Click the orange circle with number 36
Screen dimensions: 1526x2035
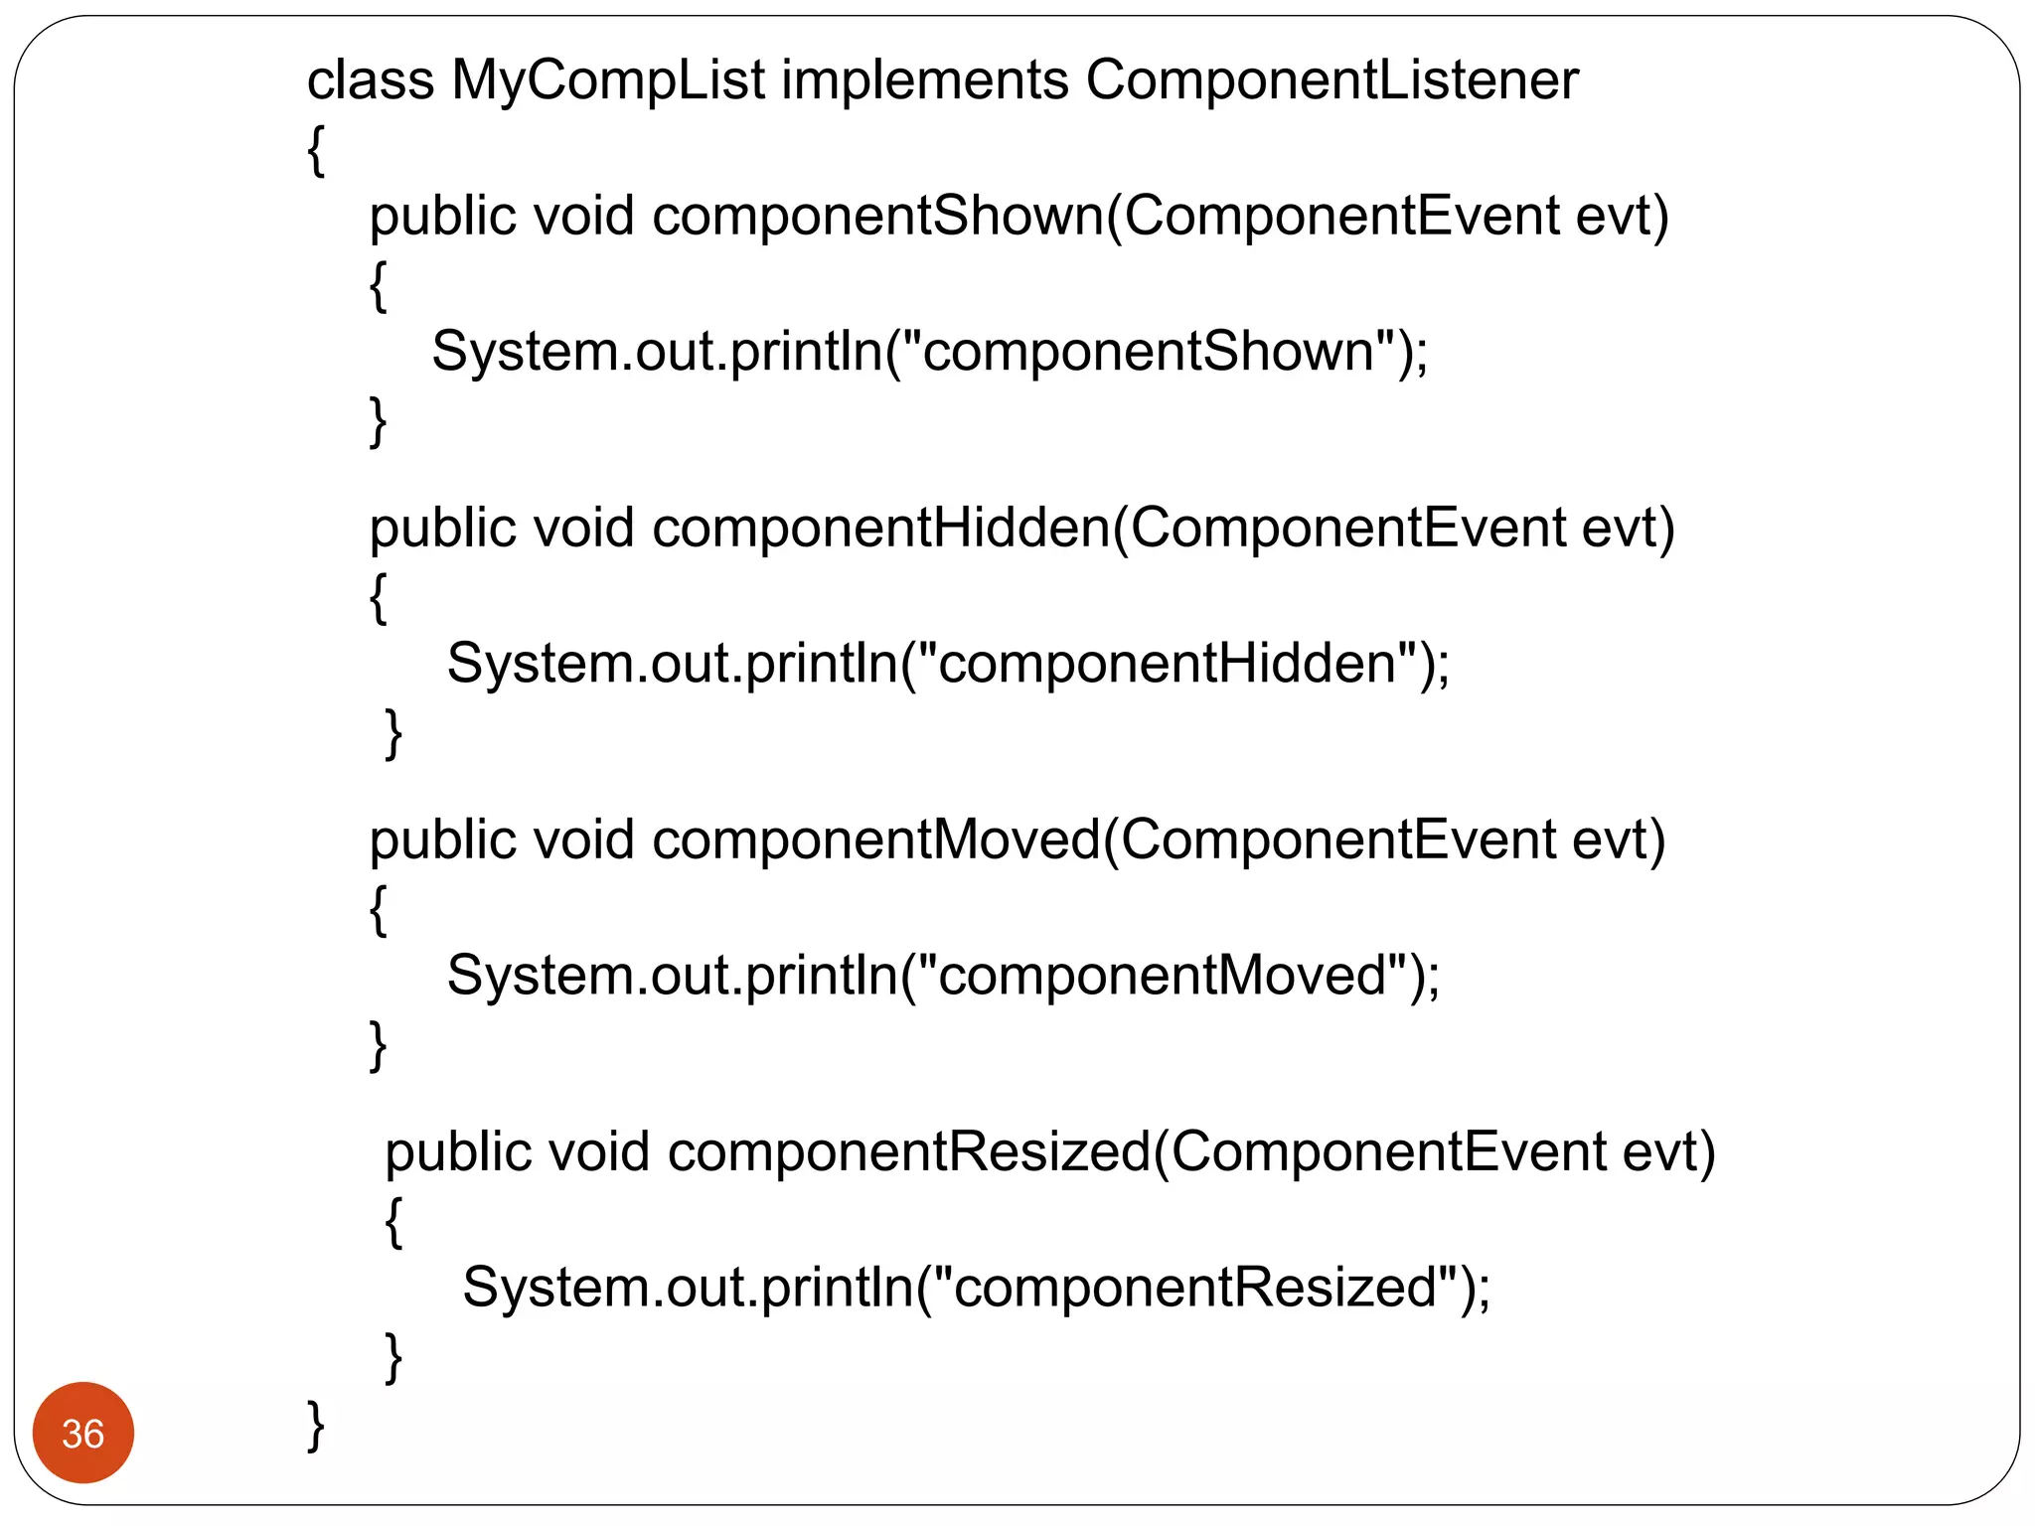point(83,1433)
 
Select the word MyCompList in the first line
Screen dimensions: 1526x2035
point(608,79)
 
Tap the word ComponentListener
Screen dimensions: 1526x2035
point(1331,79)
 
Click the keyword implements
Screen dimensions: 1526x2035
point(925,79)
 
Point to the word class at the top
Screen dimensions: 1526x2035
point(371,79)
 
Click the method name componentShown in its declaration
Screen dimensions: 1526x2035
point(878,216)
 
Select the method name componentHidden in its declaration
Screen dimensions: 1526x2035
point(881,528)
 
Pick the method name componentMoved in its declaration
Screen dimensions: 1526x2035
point(876,839)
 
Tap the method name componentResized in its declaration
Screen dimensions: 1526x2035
point(909,1151)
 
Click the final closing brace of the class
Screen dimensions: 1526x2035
point(315,1427)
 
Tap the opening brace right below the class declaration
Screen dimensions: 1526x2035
point(316,151)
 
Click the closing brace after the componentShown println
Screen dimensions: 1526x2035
point(378,421)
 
